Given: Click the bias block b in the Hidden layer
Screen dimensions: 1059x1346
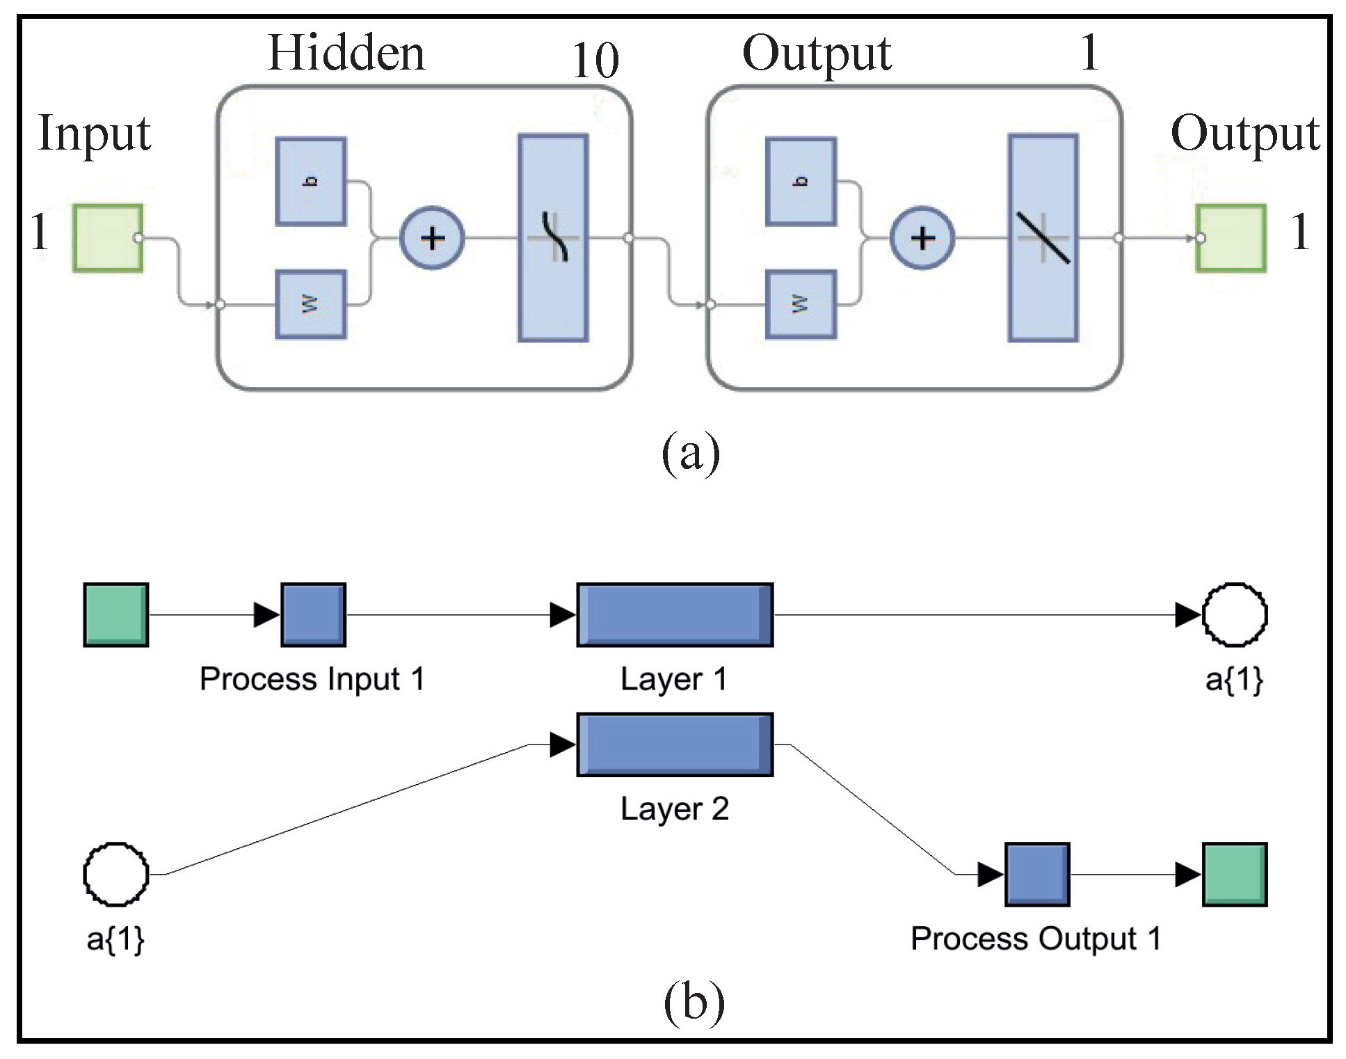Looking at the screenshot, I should coord(310,182).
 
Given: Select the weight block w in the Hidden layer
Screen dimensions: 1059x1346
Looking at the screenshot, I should coord(310,304).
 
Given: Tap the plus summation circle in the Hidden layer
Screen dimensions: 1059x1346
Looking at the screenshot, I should coord(432,238).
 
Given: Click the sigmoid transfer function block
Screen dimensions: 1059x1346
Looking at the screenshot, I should coord(553,238).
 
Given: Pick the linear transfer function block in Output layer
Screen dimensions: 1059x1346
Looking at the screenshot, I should coord(1043,238).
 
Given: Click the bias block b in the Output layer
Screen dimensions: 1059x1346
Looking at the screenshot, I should coord(801,182).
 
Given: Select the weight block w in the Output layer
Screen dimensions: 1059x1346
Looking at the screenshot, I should coord(801,304).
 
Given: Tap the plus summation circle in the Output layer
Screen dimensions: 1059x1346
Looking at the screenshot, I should coord(922,238).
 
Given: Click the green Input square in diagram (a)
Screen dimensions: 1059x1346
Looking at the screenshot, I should coord(108,238).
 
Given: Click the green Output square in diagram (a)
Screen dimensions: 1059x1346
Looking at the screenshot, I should coord(1231,238).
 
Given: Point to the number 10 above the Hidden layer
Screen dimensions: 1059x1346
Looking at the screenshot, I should coord(595,60).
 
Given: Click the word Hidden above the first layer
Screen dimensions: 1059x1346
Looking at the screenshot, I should coord(346,53).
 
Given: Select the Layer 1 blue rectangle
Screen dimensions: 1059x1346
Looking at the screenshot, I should coord(675,615).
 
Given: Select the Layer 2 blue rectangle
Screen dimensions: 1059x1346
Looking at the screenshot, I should coord(675,745).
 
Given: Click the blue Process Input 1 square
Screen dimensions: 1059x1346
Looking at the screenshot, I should coord(313,615).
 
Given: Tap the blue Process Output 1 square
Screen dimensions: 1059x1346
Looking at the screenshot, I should coord(1037,875).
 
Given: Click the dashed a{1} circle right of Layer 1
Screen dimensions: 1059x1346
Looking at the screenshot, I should coord(1235,615).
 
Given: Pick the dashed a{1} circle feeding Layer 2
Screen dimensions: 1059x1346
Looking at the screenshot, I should coord(115,875).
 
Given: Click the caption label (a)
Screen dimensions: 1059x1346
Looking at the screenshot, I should coord(690,453).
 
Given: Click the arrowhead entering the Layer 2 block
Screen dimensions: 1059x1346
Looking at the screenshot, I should coord(562,745).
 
